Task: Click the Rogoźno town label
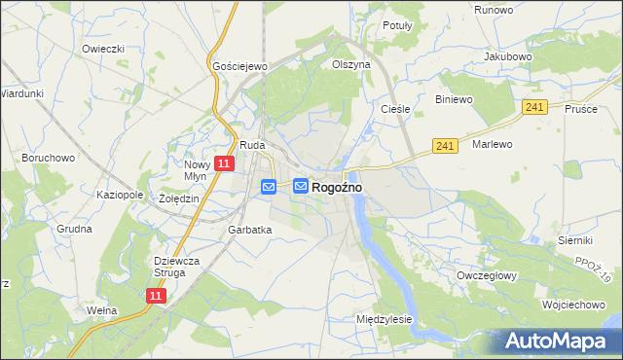337,185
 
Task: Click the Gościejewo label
239,66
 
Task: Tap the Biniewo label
453,99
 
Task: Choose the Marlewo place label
492,144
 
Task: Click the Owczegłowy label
485,275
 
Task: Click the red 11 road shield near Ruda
224,164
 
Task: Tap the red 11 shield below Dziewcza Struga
157,294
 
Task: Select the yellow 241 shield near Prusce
531,107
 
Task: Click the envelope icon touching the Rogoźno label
301,185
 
